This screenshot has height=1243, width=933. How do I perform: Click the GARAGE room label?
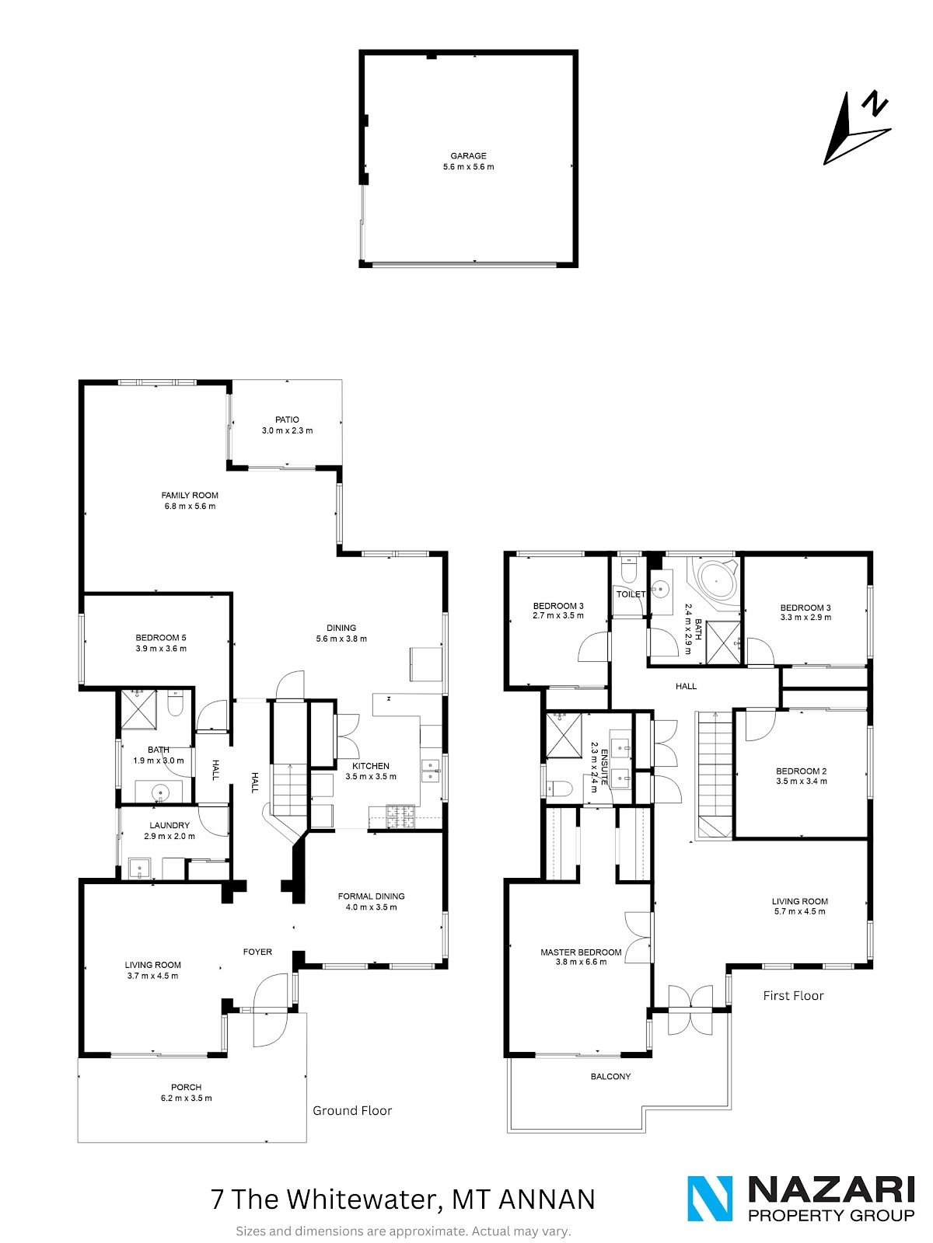point(468,155)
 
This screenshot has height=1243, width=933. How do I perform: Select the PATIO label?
point(287,420)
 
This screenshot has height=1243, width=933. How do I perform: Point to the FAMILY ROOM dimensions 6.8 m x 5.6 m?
point(190,507)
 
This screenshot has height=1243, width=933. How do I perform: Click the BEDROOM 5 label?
point(161,638)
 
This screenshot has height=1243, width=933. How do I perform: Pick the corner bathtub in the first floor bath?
point(716,580)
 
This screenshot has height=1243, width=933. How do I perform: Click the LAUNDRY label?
point(169,826)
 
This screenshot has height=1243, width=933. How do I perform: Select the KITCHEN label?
point(371,766)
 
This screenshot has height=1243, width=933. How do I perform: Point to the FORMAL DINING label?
point(371,897)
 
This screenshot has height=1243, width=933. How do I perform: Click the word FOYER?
point(257,952)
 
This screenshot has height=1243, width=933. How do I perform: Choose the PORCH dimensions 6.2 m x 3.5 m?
point(187,1098)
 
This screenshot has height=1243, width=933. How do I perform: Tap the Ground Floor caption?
point(352,1110)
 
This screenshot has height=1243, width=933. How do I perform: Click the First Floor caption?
point(793,995)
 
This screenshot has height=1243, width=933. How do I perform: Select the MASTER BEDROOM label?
point(581,952)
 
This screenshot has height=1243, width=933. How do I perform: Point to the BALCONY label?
point(610,1077)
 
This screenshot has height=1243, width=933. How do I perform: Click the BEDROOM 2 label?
point(801,771)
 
